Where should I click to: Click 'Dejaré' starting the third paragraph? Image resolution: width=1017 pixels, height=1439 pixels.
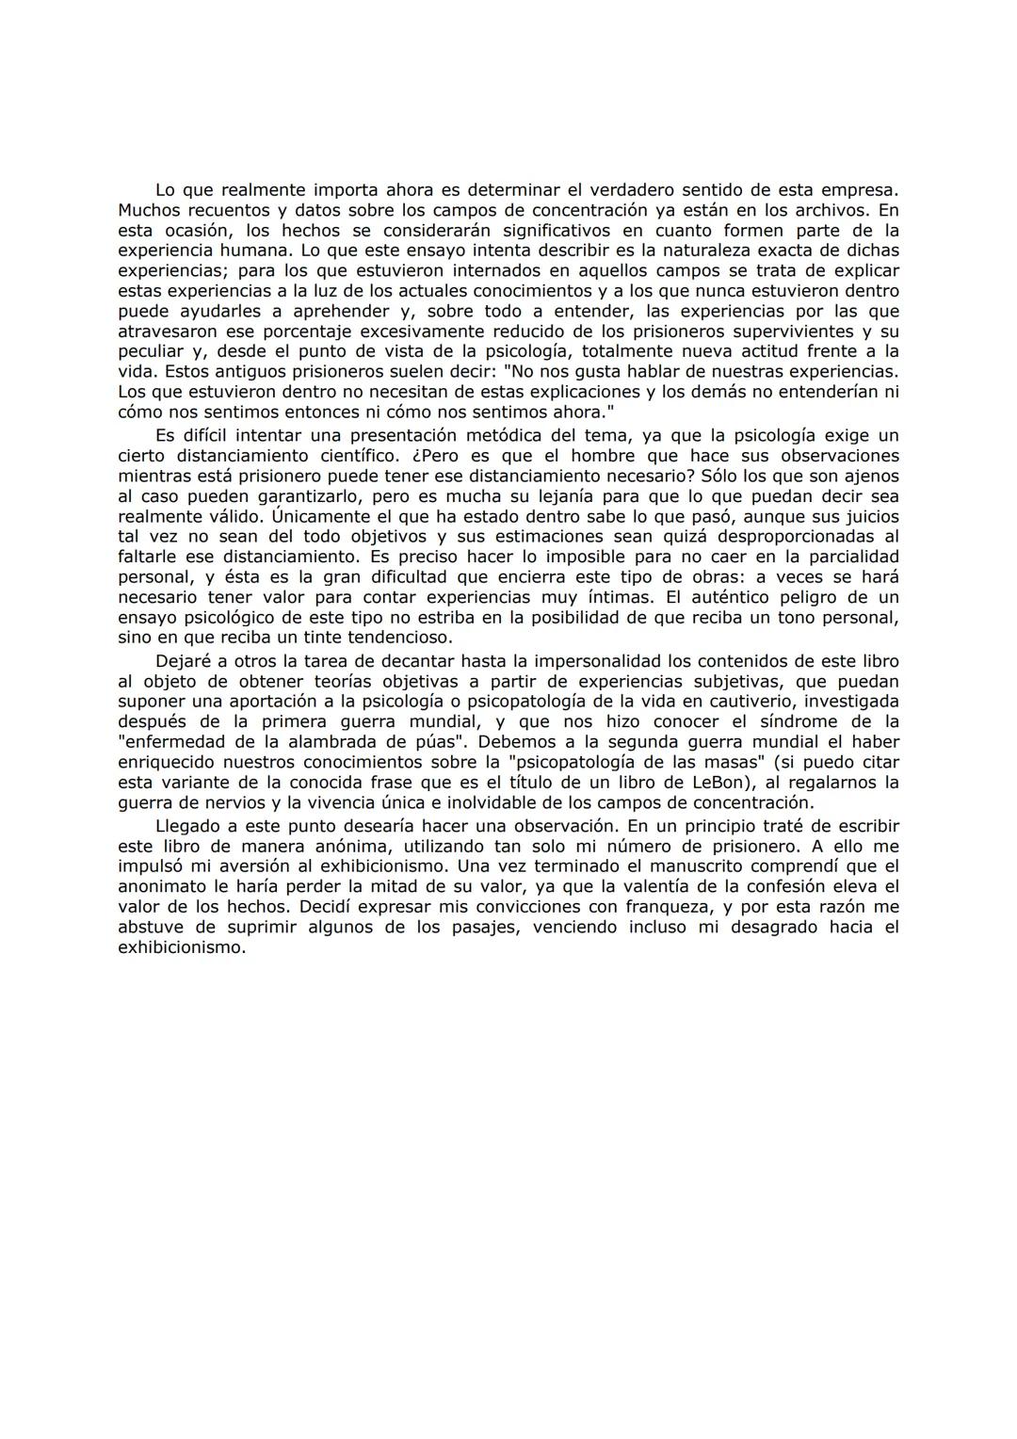[x=181, y=661]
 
